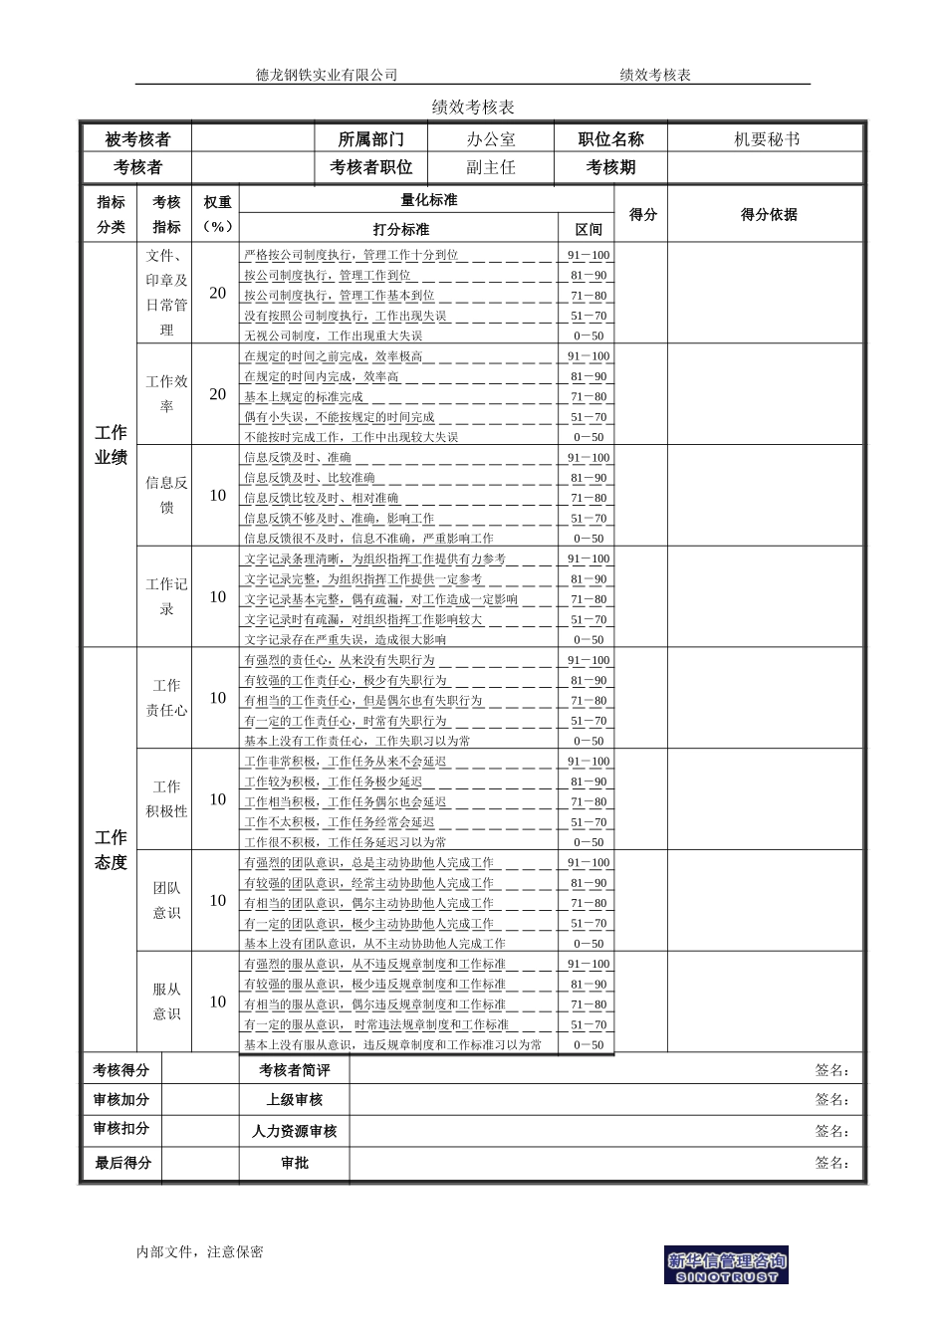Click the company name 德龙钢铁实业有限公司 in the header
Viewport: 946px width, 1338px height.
tap(326, 75)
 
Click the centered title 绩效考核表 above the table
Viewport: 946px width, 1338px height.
tap(472, 107)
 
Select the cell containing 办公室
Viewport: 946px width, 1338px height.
tap(491, 139)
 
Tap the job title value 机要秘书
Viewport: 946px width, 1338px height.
tap(766, 139)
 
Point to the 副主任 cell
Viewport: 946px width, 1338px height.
tap(491, 167)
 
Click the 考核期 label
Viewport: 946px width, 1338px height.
tap(610, 167)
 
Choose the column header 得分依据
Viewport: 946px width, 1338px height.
tap(769, 214)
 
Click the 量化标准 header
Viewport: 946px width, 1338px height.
tap(428, 200)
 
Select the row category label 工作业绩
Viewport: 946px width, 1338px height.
tap(111, 445)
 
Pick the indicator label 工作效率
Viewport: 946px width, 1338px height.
tap(166, 394)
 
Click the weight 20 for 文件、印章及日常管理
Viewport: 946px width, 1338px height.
tap(218, 294)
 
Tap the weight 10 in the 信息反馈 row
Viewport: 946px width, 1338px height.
tap(218, 496)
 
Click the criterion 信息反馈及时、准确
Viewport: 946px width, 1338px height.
tap(298, 458)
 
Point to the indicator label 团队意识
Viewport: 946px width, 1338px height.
tap(166, 900)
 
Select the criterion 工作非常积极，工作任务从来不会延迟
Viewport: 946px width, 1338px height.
tap(345, 762)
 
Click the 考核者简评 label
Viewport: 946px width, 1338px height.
tap(294, 1070)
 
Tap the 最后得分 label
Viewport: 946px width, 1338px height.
tap(122, 1163)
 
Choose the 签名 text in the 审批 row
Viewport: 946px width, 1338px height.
tap(831, 1163)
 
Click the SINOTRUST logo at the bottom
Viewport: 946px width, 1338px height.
tap(726, 1264)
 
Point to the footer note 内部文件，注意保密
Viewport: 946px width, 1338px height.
tap(199, 1252)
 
